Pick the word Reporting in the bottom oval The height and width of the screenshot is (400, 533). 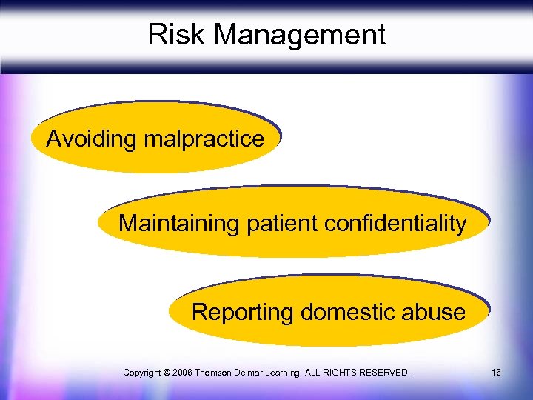coord(243,312)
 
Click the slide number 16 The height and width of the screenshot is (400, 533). coord(496,372)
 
